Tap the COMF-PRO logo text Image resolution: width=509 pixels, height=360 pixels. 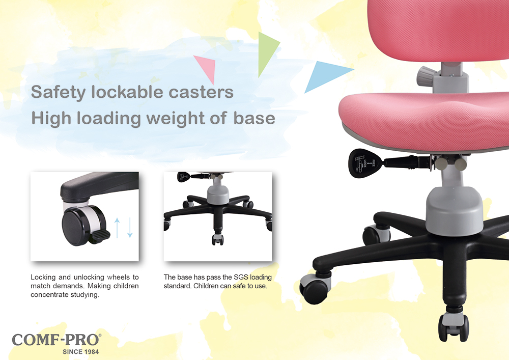point(56,340)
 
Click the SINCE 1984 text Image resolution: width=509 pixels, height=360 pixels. point(80,351)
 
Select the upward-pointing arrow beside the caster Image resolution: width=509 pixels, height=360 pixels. point(117,228)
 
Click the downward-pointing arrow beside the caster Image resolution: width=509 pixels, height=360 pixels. point(130,228)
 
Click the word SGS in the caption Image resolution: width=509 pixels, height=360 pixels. point(241,277)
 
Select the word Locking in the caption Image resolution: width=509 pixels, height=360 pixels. point(43,278)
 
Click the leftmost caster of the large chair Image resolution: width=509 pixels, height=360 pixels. point(315,287)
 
